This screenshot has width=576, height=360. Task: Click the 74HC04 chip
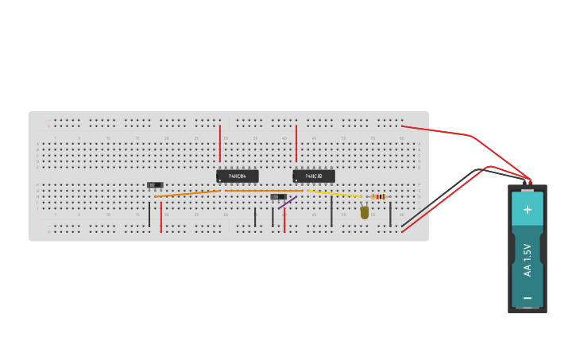[x=238, y=176]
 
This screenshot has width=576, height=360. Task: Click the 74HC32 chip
[x=314, y=176]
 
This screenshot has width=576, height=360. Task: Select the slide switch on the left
[x=155, y=185]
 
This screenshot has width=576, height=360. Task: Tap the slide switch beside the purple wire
[x=278, y=196]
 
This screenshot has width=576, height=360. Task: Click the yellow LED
[x=365, y=212]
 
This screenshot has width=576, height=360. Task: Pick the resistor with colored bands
[x=379, y=196]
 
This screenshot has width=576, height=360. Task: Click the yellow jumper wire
[x=334, y=193]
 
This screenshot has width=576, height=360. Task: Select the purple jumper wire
[x=288, y=203]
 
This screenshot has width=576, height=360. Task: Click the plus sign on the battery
[x=528, y=209]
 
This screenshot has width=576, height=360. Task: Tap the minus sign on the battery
[x=528, y=297]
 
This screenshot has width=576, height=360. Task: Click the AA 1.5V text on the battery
[x=528, y=259]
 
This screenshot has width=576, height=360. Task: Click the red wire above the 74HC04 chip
[x=220, y=143]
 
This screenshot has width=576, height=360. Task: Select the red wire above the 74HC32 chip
[x=296, y=143]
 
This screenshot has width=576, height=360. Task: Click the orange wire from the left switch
[x=187, y=193]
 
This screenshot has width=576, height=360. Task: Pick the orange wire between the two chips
[x=262, y=191]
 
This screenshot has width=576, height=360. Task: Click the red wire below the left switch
[x=161, y=217]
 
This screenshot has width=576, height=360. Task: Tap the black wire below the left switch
[x=149, y=215]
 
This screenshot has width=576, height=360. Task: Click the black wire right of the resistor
[x=390, y=213]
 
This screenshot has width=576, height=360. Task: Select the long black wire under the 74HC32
[x=331, y=211]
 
